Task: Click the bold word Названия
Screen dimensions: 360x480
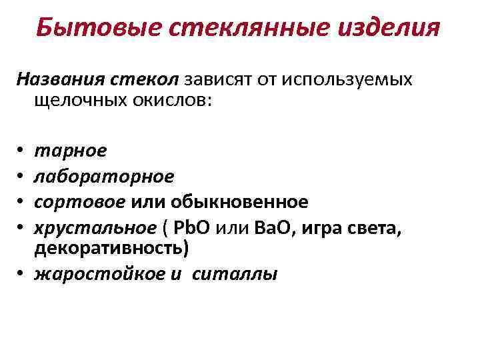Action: point(59,80)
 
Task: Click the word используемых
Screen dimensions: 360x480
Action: point(347,80)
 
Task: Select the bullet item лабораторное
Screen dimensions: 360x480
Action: point(103,176)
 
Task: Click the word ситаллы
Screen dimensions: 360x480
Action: point(234,273)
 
